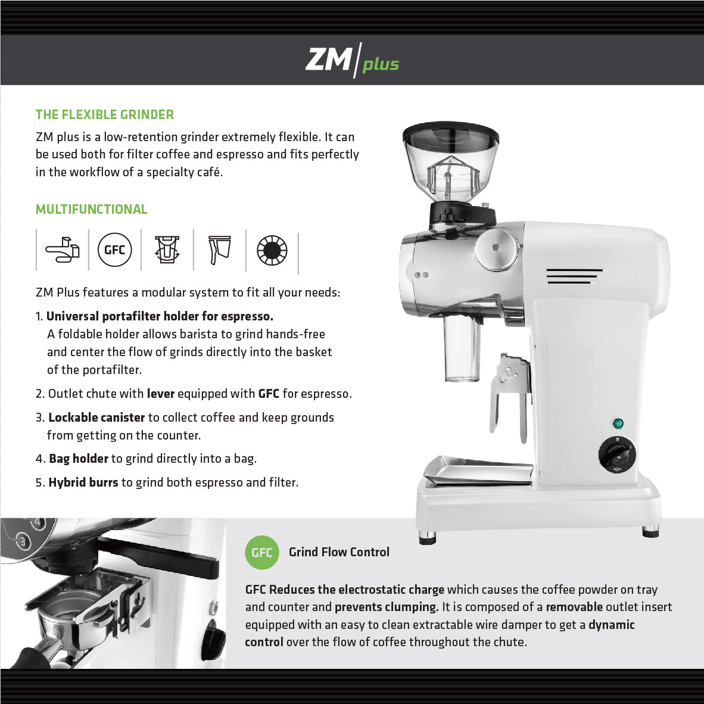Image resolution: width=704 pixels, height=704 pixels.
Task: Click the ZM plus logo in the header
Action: [x=352, y=60]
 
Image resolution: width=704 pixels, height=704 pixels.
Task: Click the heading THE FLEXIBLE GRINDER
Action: [x=105, y=115]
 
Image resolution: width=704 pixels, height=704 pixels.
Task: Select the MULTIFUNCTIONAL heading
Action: [x=92, y=209]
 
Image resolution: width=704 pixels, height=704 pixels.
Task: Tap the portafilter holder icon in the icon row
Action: [x=63, y=250]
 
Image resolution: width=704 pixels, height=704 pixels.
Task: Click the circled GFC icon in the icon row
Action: [x=114, y=250]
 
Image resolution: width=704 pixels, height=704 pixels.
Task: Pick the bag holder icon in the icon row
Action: [x=220, y=250]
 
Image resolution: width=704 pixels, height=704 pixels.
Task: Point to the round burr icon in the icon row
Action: [x=272, y=250]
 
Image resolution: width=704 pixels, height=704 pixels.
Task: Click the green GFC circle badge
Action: [x=261, y=552]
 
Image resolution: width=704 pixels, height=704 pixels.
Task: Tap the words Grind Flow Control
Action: [x=339, y=552]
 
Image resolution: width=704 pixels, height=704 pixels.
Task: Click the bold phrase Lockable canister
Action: [x=96, y=418]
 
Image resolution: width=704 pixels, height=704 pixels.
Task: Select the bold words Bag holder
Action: [x=79, y=459]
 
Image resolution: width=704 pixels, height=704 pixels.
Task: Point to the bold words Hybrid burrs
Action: [x=83, y=482]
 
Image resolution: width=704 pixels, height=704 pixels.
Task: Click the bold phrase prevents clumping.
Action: [x=387, y=607]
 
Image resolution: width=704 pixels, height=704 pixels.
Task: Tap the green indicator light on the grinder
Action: [x=618, y=423]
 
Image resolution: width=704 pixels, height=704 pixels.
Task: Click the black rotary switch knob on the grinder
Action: [x=617, y=454]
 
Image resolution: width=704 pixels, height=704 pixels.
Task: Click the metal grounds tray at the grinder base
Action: [x=479, y=471]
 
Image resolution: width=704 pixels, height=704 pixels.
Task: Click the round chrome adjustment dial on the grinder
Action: [x=497, y=249]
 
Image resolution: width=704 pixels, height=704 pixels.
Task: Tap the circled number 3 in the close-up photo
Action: [x=23, y=542]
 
